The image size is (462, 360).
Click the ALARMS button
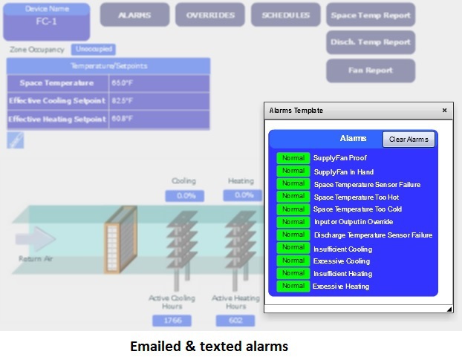coord(134,15)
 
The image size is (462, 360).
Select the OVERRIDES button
coord(210,15)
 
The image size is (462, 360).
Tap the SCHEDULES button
coord(285,15)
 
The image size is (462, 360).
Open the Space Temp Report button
coord(370,15)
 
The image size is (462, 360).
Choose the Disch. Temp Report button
coord(370,43)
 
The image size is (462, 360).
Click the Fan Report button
coord(370,71)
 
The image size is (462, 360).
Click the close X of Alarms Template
coord(445,111)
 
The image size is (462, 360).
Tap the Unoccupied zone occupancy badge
coord(94,50)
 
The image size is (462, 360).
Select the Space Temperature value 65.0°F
coord(123,83)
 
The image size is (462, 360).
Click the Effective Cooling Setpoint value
coord(123,101)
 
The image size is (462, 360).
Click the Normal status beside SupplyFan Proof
coord(293,158)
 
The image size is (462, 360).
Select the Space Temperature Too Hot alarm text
coord(356,197)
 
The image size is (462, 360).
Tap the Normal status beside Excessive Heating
coord(293,286)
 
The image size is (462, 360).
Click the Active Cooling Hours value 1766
coord(172,321)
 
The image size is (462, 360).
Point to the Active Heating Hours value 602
coord(235,321)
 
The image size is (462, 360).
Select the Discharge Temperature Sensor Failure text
coord(372,235)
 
